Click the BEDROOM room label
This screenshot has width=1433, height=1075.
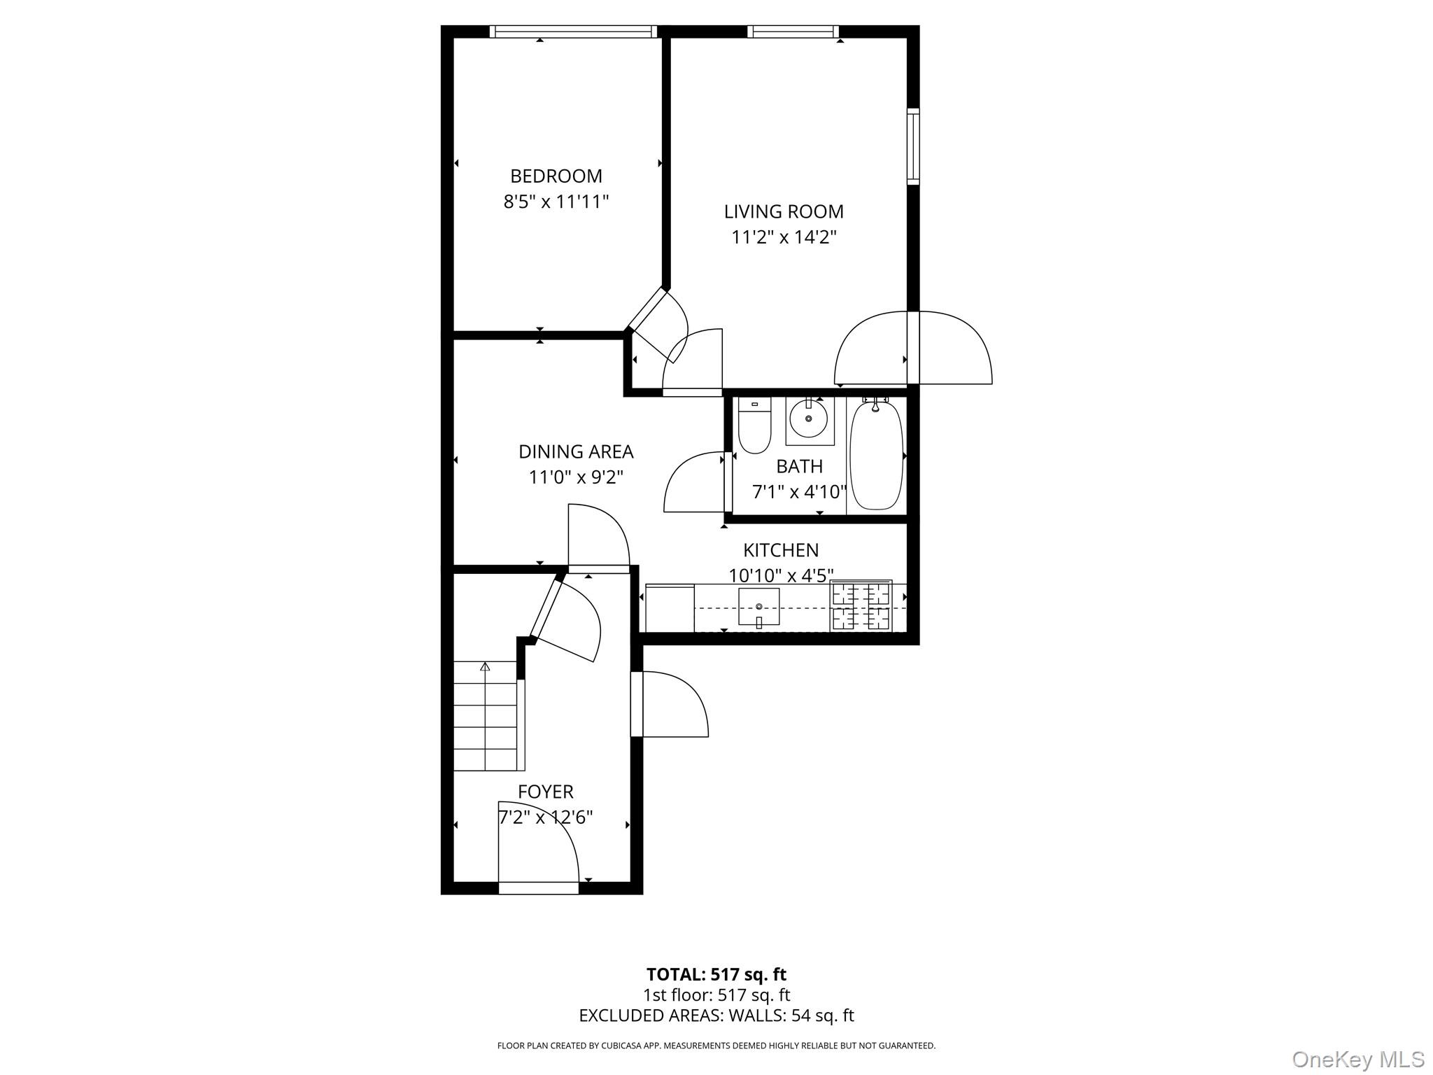(556, 176)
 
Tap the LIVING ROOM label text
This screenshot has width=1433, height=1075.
(783, 211)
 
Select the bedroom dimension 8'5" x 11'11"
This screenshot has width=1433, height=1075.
(556, 202)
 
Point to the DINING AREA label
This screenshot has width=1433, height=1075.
(575, 452)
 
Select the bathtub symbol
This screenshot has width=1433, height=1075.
(875, 454)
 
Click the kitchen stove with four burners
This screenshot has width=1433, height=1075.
(861, 606)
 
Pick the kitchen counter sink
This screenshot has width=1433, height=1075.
(758, 607)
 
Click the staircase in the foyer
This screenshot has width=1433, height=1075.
(486, 716)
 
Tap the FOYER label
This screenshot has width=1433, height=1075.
(545, 792)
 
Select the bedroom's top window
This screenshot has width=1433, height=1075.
(574, 31)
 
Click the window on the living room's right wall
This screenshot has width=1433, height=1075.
(913, 146)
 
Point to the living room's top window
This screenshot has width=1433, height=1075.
(792, 31)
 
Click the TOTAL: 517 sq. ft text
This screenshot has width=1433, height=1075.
(716, 974)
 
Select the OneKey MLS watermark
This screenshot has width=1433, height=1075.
(1357, 1059)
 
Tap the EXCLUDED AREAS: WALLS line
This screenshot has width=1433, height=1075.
(716, 1016)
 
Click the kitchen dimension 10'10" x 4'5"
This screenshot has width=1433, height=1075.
(781, 576)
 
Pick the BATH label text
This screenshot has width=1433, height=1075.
(799, 466)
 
